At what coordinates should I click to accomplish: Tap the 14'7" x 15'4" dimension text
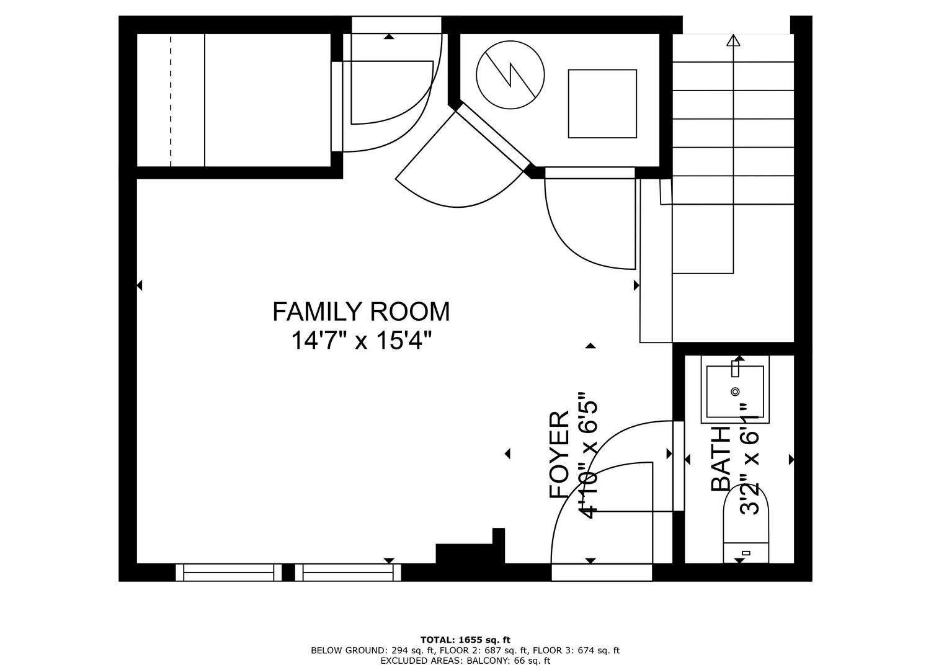pyautogui.click(x=361, y=341)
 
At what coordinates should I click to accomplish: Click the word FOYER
pyautogui.click(x=559, y=455)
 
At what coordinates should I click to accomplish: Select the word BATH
pyautogui.click(x=721, y=458)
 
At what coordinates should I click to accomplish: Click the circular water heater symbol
pyautogui.click(x=510, y=75)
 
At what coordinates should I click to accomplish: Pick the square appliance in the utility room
pyautogui.click(x=603, y=104)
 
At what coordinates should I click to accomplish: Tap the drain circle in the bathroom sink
pyautogui.click(x=735, y=391)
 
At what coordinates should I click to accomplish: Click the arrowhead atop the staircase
pyautogui.click(x=734, y=40)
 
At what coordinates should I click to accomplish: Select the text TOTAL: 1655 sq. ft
pyautogui.click(x=465, y=640)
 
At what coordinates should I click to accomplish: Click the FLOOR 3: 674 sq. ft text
pyautogui.click(x=576, y=651)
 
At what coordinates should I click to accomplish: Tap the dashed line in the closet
pyautogui.click(x=171, y=100)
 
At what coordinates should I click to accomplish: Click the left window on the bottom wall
pyautogui.click(x=229, y=573)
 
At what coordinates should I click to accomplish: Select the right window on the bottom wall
pyautogui.click(x=349, y=573)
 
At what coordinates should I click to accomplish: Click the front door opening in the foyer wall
pyautogui.click(x=602, y=573)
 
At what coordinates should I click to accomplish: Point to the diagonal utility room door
pyautogui.click(x=493, y=136)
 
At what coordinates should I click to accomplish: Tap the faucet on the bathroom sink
pyautogui.click(x=735, y=368)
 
